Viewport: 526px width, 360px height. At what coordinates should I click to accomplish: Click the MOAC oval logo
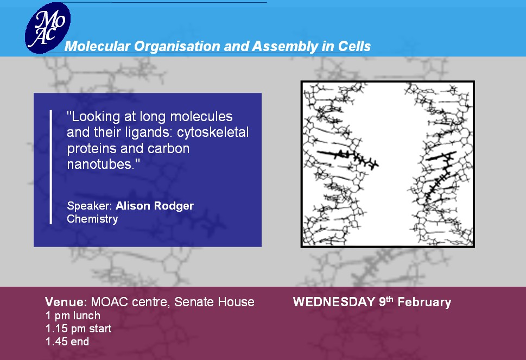pyautogui.click(x=48, y=28)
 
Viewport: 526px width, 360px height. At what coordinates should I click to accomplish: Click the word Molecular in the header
pyautogui.click(x=97, y=46)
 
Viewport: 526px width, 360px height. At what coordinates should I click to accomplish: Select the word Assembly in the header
pyautogui.click(x=285, y=47)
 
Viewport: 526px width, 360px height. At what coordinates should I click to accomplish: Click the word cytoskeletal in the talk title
pyautogui.click(x=213, y=132)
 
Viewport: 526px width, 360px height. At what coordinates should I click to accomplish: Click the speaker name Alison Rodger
pyautogui.click(x=155, y=206)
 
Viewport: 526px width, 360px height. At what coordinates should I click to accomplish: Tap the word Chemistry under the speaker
pyautogui.click(x=93, y=219)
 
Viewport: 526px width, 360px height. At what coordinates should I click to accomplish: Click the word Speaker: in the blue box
pyautogui.click(x=89, y=206)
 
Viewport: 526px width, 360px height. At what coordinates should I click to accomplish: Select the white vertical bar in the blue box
pyautogui.click(x=51, y=167)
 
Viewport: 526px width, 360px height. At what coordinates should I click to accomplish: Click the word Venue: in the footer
pyautogui.click(x=66, y=302)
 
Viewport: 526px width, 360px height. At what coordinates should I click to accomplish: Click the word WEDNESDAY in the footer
pyautogui.click(x=334, y=302)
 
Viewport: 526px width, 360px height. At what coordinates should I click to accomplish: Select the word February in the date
pyautogui.click(x=424, y=302)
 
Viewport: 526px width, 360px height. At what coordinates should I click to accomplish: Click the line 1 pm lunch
pyautogui.click(x=73, y=315)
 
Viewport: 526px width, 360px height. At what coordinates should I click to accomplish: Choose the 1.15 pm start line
pyautogui.click(x=79, y=329)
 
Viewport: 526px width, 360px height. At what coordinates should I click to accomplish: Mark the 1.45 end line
pyautogui.click(x=67, y=342)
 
